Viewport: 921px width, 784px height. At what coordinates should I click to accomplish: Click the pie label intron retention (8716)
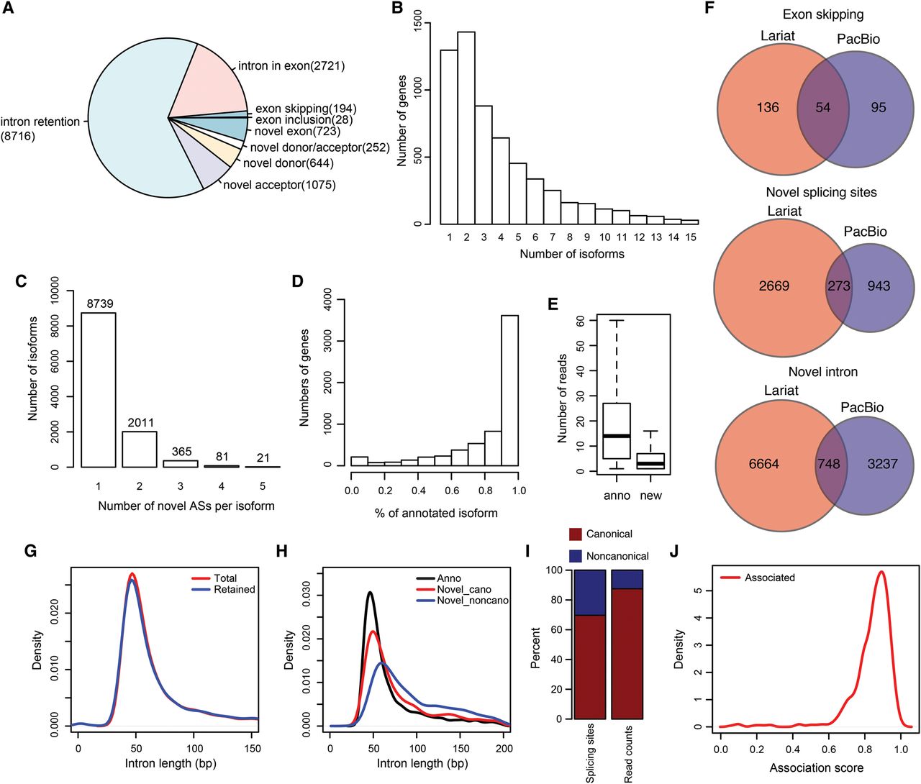[x=40, y=129]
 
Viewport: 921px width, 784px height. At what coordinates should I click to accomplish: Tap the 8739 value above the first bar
[x=100, y=304]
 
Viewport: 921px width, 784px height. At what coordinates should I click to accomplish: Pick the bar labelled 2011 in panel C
[x=140, y=449]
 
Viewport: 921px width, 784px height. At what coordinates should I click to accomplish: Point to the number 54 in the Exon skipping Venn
[x=823, y=107]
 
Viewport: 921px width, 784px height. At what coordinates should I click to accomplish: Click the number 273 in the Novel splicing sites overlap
[x=838, y=286]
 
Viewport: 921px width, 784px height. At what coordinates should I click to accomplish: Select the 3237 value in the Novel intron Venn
[x=882, y=464]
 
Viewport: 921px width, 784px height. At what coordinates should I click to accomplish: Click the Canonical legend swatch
[x=575, y=534]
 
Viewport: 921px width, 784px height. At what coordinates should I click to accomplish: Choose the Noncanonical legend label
[x=617, y=556]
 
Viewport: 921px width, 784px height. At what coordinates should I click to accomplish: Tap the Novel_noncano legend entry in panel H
[x=473, y=601]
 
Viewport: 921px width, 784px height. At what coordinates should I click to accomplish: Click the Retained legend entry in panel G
[x=235, y=589]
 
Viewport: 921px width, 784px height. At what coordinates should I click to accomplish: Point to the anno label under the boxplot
[x=617, y=496]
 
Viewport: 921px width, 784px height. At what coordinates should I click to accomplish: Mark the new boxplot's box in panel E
[x=650, y=461]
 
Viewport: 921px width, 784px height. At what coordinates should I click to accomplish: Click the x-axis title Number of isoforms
[x=572, y=254]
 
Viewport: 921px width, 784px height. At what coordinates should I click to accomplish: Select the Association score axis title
[x=817, y=768]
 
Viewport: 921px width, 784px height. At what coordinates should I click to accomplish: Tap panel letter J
[x=673, y=551]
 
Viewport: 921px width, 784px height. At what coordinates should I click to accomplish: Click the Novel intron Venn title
[x=823, y=372]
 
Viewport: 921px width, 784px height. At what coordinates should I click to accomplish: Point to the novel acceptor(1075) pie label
[x=279, y=185]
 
